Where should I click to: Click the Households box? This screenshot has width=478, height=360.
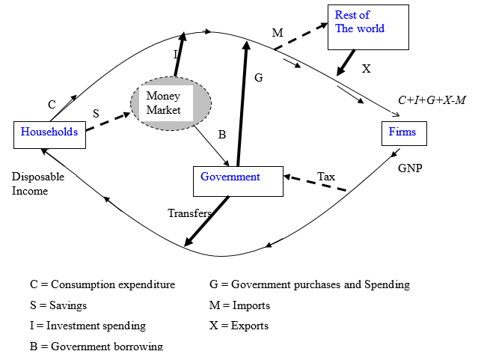coord(49,134)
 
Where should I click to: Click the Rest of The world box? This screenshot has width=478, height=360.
coord(368,27)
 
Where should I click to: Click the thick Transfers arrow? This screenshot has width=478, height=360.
coord(207,220)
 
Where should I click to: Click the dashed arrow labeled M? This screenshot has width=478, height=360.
coord(301,37)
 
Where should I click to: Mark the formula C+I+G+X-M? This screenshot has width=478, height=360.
coord(432,100)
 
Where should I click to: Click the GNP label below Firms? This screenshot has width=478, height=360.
coord(410,168)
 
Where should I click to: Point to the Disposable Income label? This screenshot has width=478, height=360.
coord(38,184)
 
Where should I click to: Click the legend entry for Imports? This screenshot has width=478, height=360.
coord(239,305)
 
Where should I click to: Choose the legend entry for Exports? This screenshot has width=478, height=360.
coord(239,326)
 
